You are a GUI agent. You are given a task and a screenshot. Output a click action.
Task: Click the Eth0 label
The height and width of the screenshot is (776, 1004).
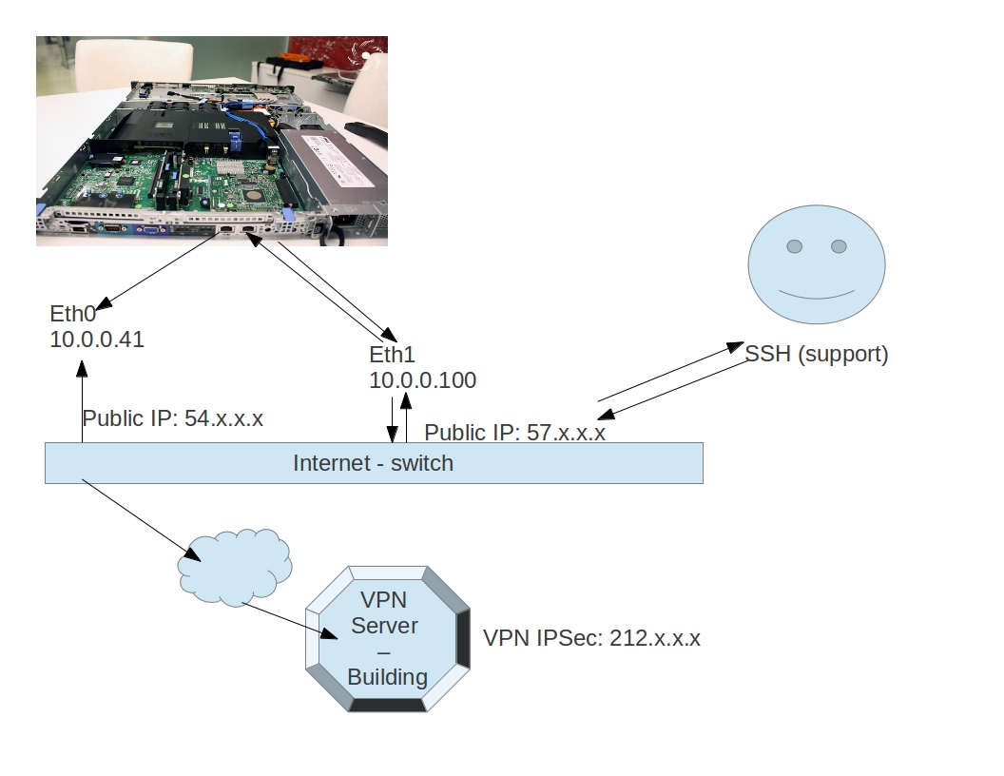73,315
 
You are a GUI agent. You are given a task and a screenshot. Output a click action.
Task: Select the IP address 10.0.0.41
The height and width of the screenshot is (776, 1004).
97,339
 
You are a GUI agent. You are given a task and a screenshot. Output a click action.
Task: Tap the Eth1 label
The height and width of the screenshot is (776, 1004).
393,356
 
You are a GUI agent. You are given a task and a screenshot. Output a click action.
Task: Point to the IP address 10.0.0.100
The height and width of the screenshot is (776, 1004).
422,380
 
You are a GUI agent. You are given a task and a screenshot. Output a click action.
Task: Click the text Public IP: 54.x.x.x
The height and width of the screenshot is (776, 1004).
172,419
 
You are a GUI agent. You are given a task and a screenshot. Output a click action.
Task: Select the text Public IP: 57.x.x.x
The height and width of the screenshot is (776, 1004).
514,433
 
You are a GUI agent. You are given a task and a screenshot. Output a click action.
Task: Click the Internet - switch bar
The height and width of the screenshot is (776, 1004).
374,463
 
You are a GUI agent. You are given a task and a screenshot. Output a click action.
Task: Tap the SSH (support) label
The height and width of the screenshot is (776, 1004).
816,355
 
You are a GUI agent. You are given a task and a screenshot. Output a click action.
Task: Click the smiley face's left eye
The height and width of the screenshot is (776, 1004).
794,247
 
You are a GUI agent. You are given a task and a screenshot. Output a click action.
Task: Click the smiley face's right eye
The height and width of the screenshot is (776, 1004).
839,247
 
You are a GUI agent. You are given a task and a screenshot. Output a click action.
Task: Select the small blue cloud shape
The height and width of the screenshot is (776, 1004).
234,562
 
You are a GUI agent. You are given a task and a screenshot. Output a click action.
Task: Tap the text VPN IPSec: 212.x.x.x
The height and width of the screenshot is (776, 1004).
591,638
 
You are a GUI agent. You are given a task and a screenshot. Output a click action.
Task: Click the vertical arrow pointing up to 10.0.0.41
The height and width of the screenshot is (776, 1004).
82,399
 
